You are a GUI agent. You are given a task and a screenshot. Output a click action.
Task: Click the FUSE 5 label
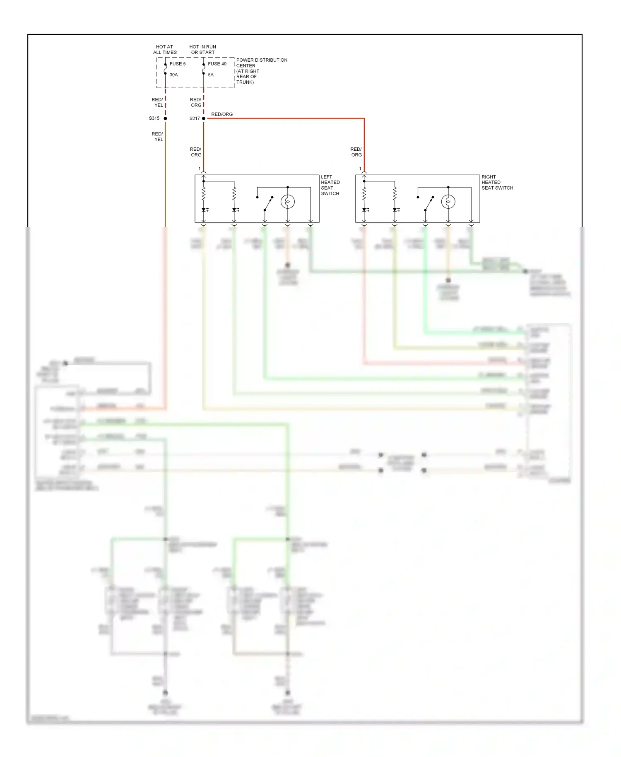coord(178,64)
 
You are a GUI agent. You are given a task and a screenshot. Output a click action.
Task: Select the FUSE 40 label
coord(217,64)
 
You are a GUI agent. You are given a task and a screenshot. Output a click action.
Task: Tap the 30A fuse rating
coord(173,75)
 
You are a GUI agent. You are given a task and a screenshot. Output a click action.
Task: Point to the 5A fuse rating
coord(211,75)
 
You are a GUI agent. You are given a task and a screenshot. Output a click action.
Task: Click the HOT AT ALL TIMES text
coord(165,50)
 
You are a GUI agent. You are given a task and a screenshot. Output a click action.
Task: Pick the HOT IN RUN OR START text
coord(203,50)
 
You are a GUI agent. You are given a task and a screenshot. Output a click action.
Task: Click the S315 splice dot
coord(165,118)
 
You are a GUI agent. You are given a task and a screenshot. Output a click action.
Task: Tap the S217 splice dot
coord(204,118)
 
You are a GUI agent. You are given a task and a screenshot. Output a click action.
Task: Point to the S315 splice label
coord(154,118)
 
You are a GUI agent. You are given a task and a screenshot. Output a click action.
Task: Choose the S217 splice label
coord(195,118)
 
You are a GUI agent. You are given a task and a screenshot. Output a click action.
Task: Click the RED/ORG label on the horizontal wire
coord(222,114)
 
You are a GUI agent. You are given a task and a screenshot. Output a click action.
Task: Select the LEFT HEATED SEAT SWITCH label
coord(330,185)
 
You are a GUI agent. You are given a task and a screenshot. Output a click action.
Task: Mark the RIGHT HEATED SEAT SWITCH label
coord(497,182)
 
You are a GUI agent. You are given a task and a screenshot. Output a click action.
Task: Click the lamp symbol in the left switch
coord(288,202)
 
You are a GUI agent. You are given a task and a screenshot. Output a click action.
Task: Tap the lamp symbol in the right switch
coord(448,202)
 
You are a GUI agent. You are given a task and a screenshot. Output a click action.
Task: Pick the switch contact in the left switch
coord(268,204)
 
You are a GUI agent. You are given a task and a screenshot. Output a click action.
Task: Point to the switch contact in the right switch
coord(429,204)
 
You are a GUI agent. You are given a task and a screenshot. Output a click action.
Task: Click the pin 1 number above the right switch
coord(360,169)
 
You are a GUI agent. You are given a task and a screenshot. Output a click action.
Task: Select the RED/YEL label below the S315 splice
coord(157,137)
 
